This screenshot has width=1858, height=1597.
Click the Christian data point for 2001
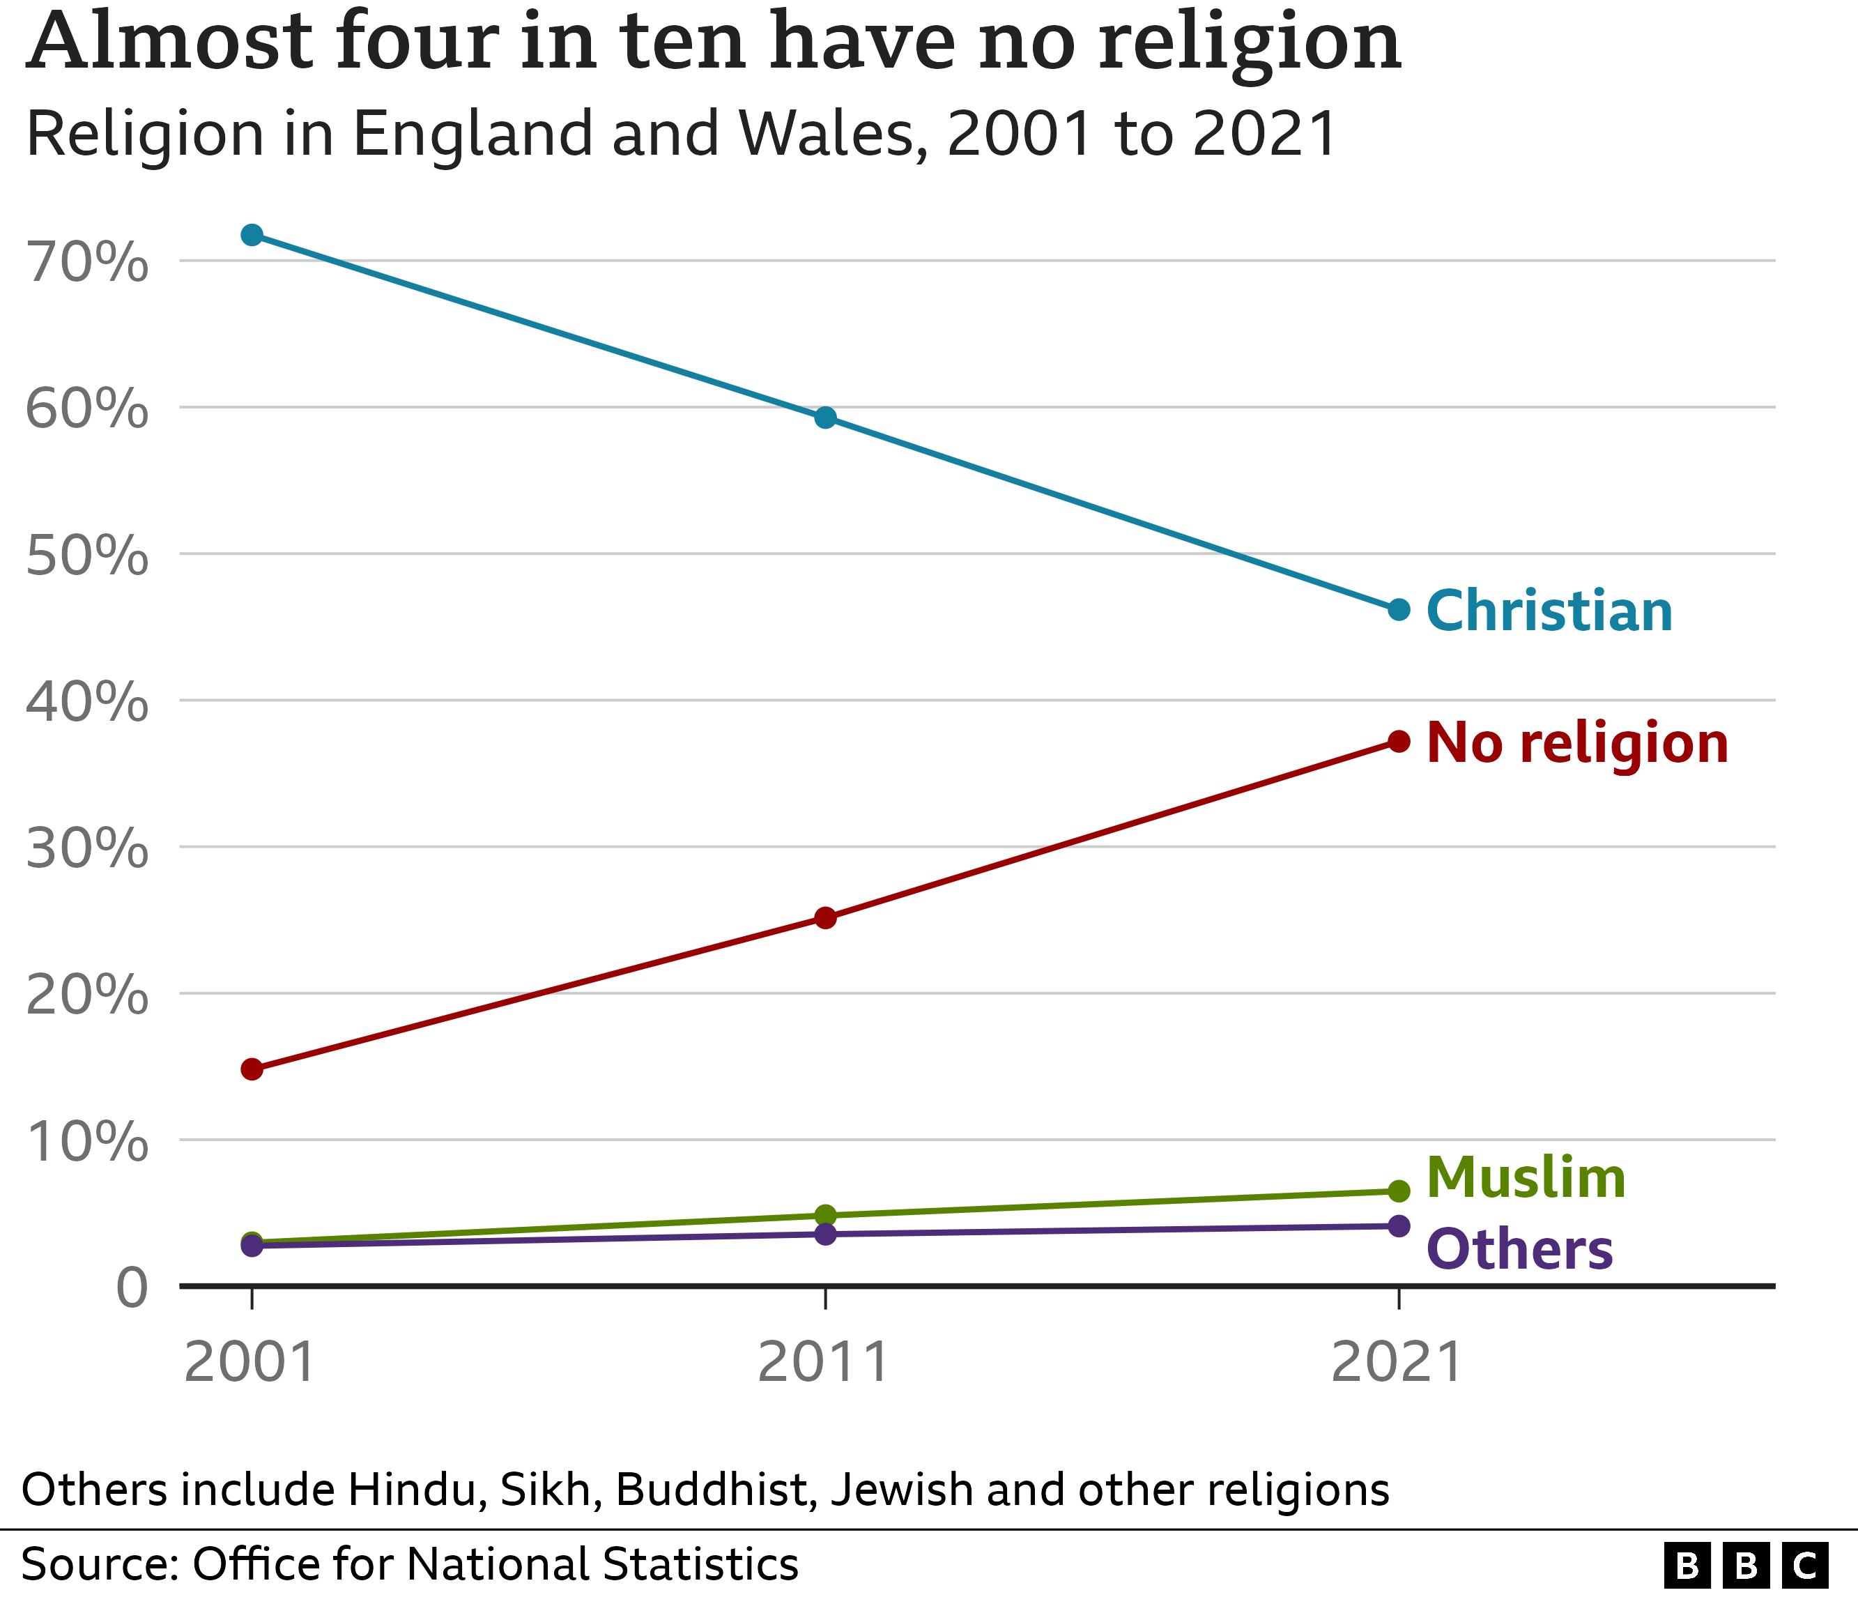(252, 235)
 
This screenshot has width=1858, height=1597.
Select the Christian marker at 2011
(825, 418)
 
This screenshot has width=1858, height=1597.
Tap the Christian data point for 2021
(1398, 610)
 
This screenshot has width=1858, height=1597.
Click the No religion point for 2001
(252, 1069)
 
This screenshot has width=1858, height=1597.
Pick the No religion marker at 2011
(825, 917)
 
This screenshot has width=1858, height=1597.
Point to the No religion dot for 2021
(1398, 741)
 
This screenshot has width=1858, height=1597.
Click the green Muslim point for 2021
(1398, 1191)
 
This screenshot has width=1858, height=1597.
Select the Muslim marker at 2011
(825, 1215)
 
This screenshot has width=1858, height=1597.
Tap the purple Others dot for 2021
(1398, 1225)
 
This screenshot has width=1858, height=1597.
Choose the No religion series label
(1576, 743)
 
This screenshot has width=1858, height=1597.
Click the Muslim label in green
(1526, 1177)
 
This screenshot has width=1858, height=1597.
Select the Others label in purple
(1519, 1250)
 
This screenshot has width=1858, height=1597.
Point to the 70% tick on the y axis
(87, 263)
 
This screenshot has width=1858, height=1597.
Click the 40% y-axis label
(87, 702)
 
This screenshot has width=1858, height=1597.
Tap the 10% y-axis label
(87, 1142)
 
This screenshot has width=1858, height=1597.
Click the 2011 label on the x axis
(823, 1363)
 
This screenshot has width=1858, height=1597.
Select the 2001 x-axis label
(249, 1363)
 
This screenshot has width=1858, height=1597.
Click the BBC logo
(1745, 1566)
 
